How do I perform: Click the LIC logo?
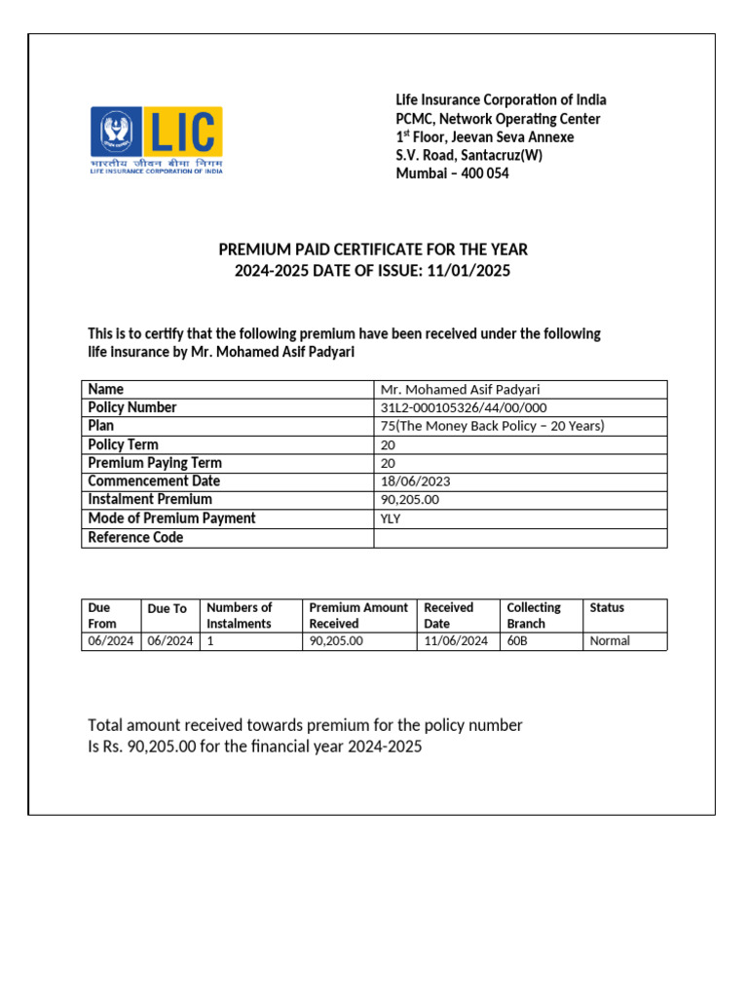157,140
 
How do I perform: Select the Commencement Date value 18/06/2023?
415,481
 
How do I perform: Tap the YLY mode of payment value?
391,518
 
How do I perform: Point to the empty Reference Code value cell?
520,538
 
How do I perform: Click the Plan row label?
100,426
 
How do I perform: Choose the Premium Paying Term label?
154,463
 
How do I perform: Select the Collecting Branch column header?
534,615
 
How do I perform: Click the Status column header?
607,607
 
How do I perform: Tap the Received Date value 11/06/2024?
456,640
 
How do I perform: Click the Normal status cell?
610,640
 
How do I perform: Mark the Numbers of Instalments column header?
240,615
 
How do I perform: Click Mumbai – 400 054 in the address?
452,173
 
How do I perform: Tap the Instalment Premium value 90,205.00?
410,500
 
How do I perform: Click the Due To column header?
167,608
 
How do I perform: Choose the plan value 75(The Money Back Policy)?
492,426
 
